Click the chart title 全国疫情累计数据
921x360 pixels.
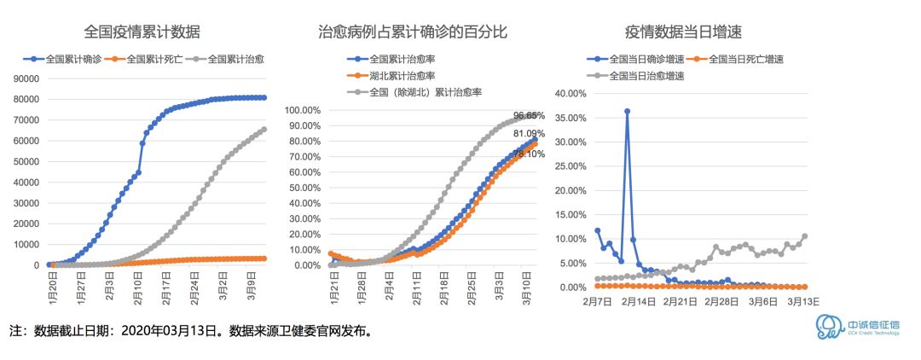pos(142,33)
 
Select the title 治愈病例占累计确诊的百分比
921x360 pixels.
pos(413,33)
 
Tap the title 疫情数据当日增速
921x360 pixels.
pos(683,33)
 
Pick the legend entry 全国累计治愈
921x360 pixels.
pos(236,60)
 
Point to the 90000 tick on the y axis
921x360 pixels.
pos(26,78)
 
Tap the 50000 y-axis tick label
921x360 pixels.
pos(26,161)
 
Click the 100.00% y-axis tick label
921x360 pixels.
pos(303,110)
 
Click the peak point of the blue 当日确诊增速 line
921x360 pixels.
pos(627,111)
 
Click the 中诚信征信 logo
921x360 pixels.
pos(853,328)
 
